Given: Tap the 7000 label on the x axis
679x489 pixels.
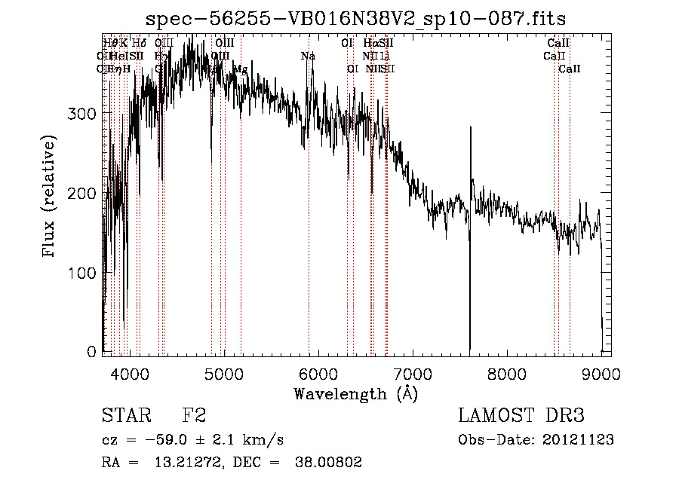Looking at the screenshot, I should [x=413, y=373].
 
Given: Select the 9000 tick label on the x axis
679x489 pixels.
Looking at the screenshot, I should [x=601, y=373].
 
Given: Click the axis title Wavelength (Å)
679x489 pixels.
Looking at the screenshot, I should [x=355, y=393].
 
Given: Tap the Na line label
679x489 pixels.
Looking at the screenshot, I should [x=308, y=56].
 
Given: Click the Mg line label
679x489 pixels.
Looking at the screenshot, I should [x=240, y=69].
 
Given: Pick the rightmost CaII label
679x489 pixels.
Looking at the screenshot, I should [x=570, y=69].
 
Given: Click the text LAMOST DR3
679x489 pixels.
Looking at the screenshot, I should [x=521, y=416].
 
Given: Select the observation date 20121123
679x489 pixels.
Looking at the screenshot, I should [x=579, y=439].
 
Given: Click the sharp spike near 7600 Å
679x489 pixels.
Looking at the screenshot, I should [x=471, y=132].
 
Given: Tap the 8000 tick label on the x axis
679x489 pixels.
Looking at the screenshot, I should [x=507, y=373].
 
